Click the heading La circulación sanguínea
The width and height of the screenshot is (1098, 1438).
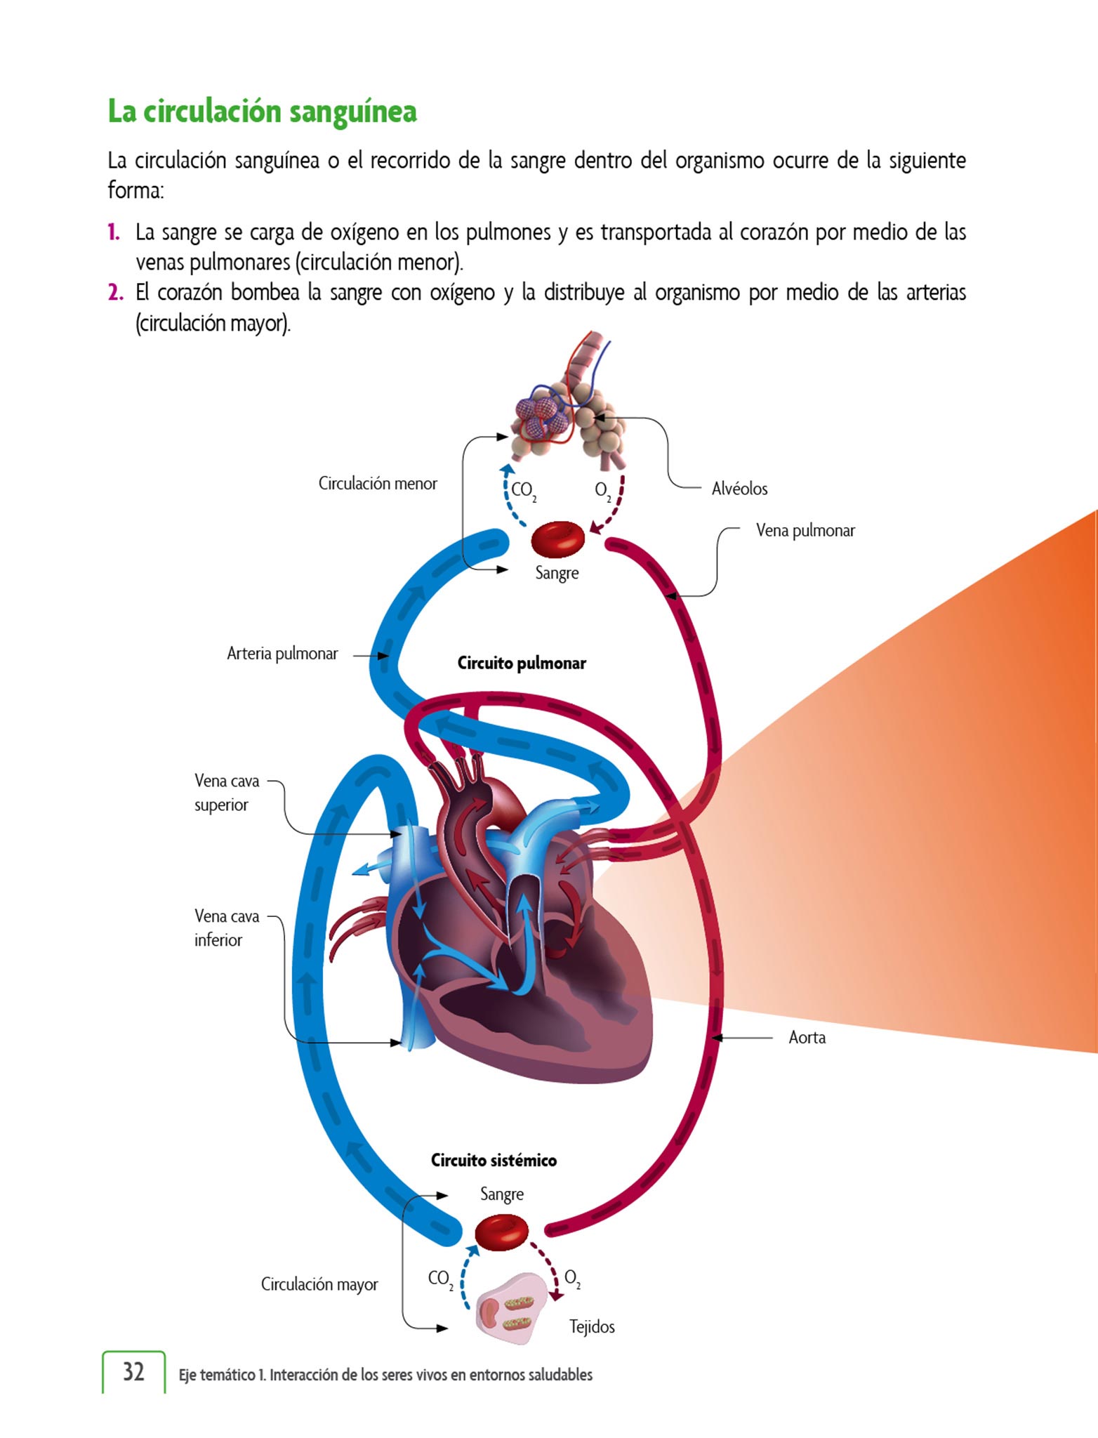tap(262, 112)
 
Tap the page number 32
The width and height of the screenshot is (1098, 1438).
tap(133, 1371)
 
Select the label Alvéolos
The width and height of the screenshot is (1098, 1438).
tap(739, 489)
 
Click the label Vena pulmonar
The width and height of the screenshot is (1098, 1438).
tap(805, 530)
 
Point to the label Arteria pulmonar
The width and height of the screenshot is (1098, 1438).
tap(282, 654)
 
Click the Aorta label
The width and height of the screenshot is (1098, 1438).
tap(807, 1037)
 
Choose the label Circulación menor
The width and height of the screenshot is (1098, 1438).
tap(378, 483)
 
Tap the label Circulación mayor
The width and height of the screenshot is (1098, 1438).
tap(319, 1284)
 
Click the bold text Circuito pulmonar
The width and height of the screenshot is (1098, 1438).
tap(522, 663)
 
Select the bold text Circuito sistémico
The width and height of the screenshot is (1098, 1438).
tap(494, 1160)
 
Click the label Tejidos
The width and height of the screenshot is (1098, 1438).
tap(592, 1326)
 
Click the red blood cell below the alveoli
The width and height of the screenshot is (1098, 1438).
tap(557, 539)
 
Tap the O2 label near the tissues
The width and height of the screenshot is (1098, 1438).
tap(572, 1278)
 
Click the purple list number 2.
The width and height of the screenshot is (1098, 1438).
tap(115, 292)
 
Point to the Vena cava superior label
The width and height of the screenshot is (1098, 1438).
tap(226, 793)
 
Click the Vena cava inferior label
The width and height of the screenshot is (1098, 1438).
tap(226, 928)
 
